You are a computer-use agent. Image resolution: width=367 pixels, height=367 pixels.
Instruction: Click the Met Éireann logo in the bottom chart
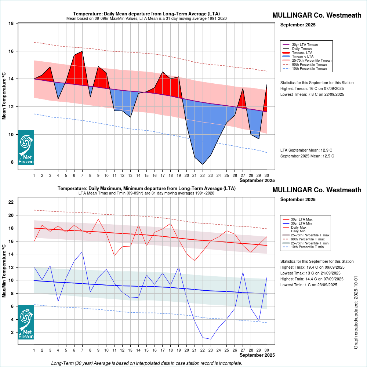coord(26,322)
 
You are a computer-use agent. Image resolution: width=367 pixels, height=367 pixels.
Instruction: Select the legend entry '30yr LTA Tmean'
coord(305,45)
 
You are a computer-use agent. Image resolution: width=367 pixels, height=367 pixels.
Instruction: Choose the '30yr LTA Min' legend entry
coord(303,223)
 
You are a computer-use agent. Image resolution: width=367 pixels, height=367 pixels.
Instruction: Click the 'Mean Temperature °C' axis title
coord(4,95)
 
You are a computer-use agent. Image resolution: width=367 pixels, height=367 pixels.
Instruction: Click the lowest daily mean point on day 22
coord(203,164)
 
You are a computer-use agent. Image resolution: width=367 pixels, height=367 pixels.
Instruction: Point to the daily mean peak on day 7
coord(82,51)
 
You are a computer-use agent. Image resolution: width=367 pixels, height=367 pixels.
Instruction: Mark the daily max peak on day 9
coord(98,219)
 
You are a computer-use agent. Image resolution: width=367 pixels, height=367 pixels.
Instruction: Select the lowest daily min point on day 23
coord(211,339)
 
